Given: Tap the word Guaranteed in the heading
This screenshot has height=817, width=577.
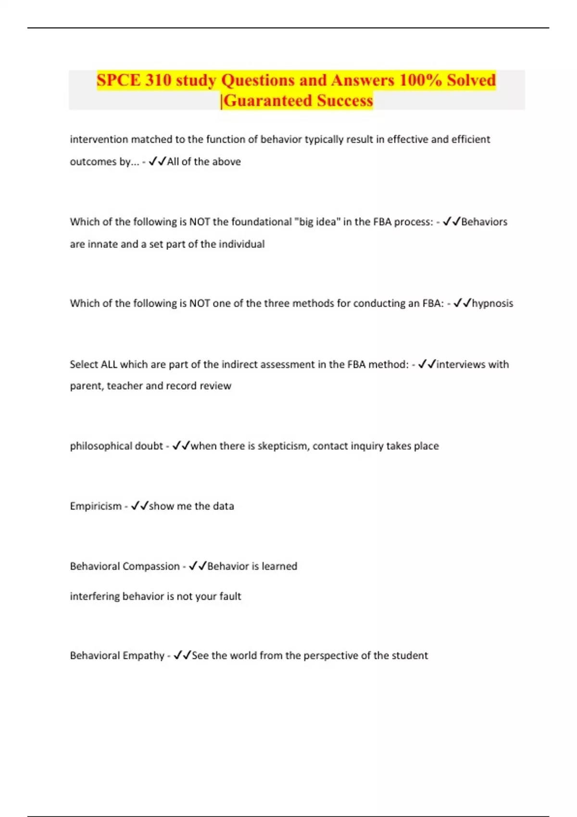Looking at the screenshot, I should tap(268, 100).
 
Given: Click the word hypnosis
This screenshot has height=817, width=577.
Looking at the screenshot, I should tap(492, 303).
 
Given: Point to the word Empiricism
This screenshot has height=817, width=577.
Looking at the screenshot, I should tap(96, 506).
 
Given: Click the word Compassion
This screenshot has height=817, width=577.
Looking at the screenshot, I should tap(152, 566).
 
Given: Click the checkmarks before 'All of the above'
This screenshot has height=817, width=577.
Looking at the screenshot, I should tap(157, 161).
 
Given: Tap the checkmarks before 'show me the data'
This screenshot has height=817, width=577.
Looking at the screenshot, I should tap(139, 506).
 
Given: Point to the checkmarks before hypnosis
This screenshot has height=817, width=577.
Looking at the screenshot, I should tap(462, 303).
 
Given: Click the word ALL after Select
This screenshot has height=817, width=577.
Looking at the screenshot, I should tap(109, 364).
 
